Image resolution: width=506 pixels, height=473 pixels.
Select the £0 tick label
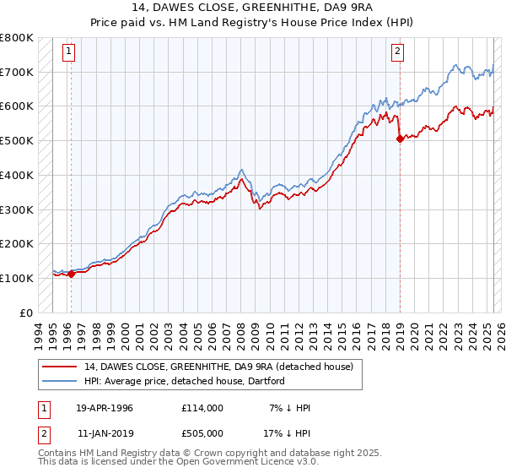[x=25, y=313]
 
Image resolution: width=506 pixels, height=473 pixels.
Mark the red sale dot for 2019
[x=400, y=139]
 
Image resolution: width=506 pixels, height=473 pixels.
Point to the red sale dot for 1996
[x=72, y=274]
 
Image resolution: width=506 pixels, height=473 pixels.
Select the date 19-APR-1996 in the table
[x=105, y=408]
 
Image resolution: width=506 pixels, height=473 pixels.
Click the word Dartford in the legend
[x=265, y=381]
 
